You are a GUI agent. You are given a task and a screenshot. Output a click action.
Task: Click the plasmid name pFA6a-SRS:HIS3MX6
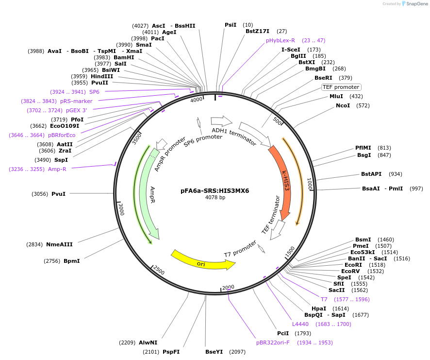215,190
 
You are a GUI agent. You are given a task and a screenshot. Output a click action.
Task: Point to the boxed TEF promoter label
341,87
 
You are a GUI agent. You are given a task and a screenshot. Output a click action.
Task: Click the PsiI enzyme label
231,25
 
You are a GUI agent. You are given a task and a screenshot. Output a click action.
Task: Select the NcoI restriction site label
343,105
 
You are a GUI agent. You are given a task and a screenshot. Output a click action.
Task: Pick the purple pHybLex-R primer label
280,40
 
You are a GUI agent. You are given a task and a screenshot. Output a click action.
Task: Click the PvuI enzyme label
58,194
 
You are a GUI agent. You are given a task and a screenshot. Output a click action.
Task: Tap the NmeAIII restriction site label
59,244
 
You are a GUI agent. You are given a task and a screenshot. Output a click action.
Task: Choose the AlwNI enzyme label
148,343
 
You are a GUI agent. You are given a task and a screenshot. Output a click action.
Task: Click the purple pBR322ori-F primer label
273,343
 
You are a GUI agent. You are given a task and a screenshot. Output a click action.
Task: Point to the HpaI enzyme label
318,309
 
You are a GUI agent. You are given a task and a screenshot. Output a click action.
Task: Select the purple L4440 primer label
300,324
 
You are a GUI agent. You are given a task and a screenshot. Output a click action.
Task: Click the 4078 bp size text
215,198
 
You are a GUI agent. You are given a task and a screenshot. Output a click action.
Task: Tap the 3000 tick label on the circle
121,209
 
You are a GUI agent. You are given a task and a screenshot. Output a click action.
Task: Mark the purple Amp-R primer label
57,169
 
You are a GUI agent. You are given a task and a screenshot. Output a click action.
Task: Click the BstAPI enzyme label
371,174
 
